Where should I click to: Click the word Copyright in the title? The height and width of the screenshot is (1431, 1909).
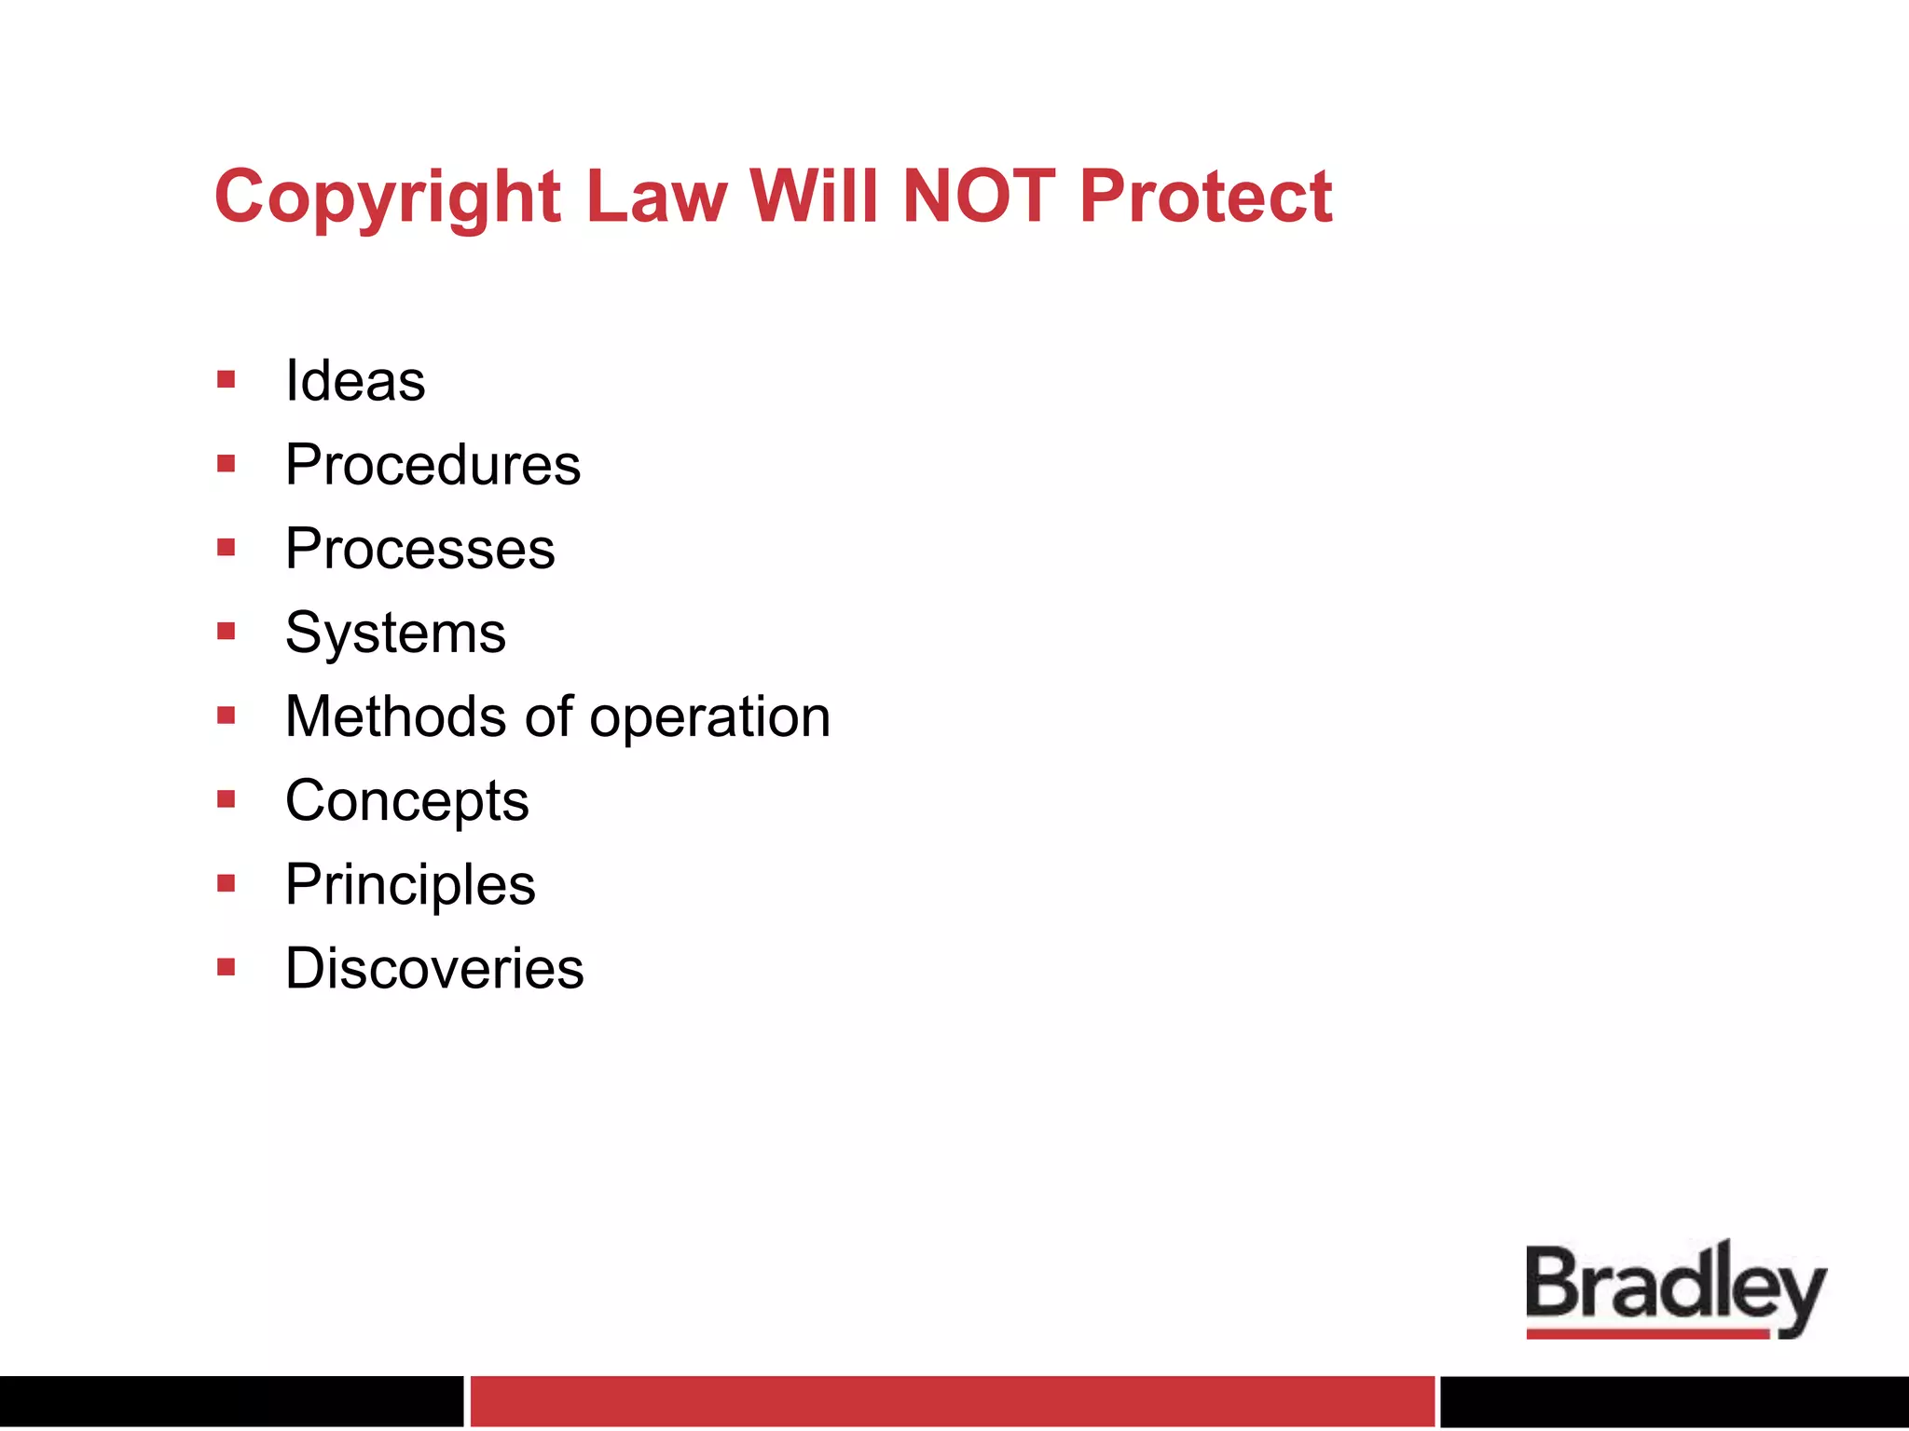[x=387, y=198]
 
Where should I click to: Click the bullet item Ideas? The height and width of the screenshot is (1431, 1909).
[x=355, y=381]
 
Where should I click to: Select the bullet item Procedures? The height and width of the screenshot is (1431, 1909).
[x=433, y=465]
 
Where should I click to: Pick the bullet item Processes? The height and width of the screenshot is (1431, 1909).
[x=420, y=549]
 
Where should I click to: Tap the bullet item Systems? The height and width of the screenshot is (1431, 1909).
[x=395, y=633]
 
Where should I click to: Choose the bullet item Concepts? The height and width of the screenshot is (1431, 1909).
[x=406, y=800]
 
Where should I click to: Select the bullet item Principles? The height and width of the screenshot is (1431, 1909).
[x=410, y=884]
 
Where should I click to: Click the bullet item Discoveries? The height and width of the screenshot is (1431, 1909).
[x=434, y=968]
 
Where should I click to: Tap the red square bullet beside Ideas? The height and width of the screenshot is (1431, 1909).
[x=226, y=379]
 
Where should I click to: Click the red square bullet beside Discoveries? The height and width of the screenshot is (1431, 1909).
[x=226, y=967]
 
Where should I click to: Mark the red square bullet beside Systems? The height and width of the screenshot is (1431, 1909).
[x=226, y=632]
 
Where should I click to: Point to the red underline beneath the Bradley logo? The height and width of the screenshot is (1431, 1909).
[x=1647, y=1334]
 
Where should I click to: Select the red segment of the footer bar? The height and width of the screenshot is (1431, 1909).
[x=952, y=1400]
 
